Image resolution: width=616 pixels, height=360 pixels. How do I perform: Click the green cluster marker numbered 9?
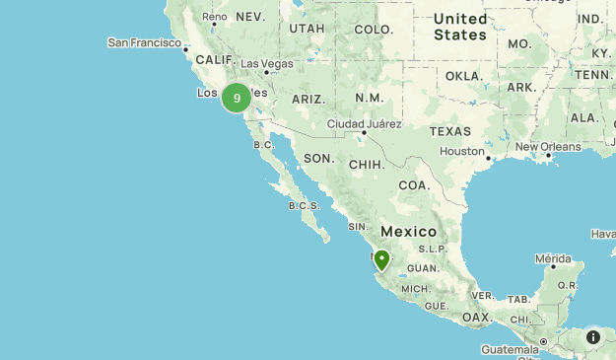coord(237,98)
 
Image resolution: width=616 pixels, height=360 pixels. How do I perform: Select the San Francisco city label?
coord(145,42)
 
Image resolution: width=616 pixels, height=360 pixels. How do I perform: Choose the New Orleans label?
coord(547,146)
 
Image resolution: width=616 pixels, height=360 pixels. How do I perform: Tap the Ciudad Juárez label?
coord(364,123)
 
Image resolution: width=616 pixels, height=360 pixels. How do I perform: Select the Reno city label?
coord(214,17)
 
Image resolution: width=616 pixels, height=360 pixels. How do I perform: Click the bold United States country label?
coord(460,27)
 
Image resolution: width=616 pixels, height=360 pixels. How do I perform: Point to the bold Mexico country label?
coord(408,231)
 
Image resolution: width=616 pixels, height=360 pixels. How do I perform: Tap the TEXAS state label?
coord(449,130)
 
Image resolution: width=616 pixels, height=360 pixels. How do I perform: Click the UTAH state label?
coord(307,29)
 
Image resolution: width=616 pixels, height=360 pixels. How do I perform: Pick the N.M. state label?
coord(369,98)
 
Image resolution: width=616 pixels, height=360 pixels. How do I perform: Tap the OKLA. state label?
coord(464,75)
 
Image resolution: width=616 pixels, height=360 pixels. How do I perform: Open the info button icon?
coord(593,336)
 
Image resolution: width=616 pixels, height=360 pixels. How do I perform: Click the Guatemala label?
coord(510,350)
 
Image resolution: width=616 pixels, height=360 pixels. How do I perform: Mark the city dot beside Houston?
coord(488,155)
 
